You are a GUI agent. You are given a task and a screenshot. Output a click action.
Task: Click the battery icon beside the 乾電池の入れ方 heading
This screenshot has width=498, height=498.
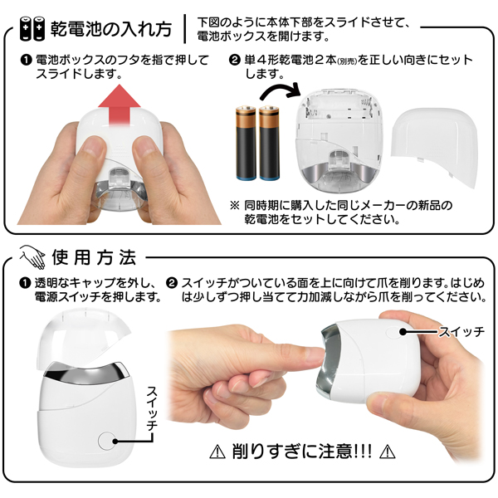pyautogui.click(x=32, y=28)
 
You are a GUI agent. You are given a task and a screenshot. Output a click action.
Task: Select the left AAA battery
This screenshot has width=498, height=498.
pyautogui.click(x=246, y=144)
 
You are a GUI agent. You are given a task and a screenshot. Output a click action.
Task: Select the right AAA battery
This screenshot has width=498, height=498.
pyautogui.click(x=269, y=144)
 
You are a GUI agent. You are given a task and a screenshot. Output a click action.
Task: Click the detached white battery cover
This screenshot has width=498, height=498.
pyautogui.click(x=434, y=147)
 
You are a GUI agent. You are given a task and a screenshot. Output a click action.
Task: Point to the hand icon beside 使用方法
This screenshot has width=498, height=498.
pyautogui.click(x=32, y=256)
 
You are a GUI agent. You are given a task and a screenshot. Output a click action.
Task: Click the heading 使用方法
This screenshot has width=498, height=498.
pyautogui.click(x=95, y=257)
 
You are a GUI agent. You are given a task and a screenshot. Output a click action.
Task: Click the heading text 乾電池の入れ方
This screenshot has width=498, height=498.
pyautogui.click(x=111, y=29)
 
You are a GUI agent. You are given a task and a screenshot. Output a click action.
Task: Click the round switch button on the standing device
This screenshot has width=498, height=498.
pyautogui.click(x=107, y=441)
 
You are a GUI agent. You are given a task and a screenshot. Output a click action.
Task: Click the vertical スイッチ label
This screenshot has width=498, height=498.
pyautogui.click(x=152, y=408)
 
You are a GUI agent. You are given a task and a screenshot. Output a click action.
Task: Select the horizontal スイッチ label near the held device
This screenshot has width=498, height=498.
pyautogui.click(x=461, y=332)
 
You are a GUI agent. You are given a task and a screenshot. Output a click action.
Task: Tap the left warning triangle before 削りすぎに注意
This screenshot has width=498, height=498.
pyautogui.click(x=217, y=452)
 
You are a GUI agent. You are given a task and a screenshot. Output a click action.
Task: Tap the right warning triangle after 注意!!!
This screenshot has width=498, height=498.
pyautogui.click(x=388, y=452)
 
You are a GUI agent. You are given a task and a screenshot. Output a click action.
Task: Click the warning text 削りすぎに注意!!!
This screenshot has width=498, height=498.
pyautogui.click(x=302, y=451)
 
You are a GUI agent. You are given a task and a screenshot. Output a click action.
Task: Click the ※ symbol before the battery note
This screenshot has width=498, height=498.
pyautogui.click(x=235, y=205)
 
